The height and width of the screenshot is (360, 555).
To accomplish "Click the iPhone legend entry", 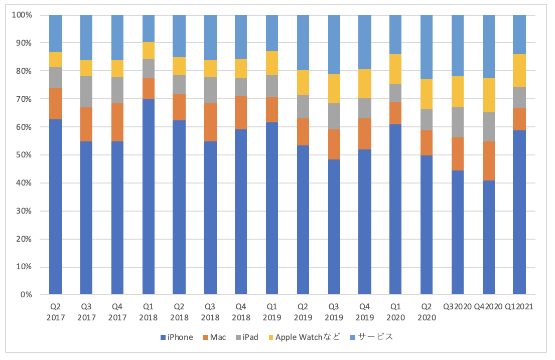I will (176, 337).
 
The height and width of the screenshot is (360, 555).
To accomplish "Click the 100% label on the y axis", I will (22, 15).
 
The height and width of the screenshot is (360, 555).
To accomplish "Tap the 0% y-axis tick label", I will (26, 295).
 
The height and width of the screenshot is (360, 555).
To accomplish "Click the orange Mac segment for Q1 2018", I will (149, 89).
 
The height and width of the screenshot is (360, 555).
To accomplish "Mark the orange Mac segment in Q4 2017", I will (117, 122).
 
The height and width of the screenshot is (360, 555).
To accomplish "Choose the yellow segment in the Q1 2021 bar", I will (519, 71).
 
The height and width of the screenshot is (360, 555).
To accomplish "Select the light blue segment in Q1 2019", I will (272, 33).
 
